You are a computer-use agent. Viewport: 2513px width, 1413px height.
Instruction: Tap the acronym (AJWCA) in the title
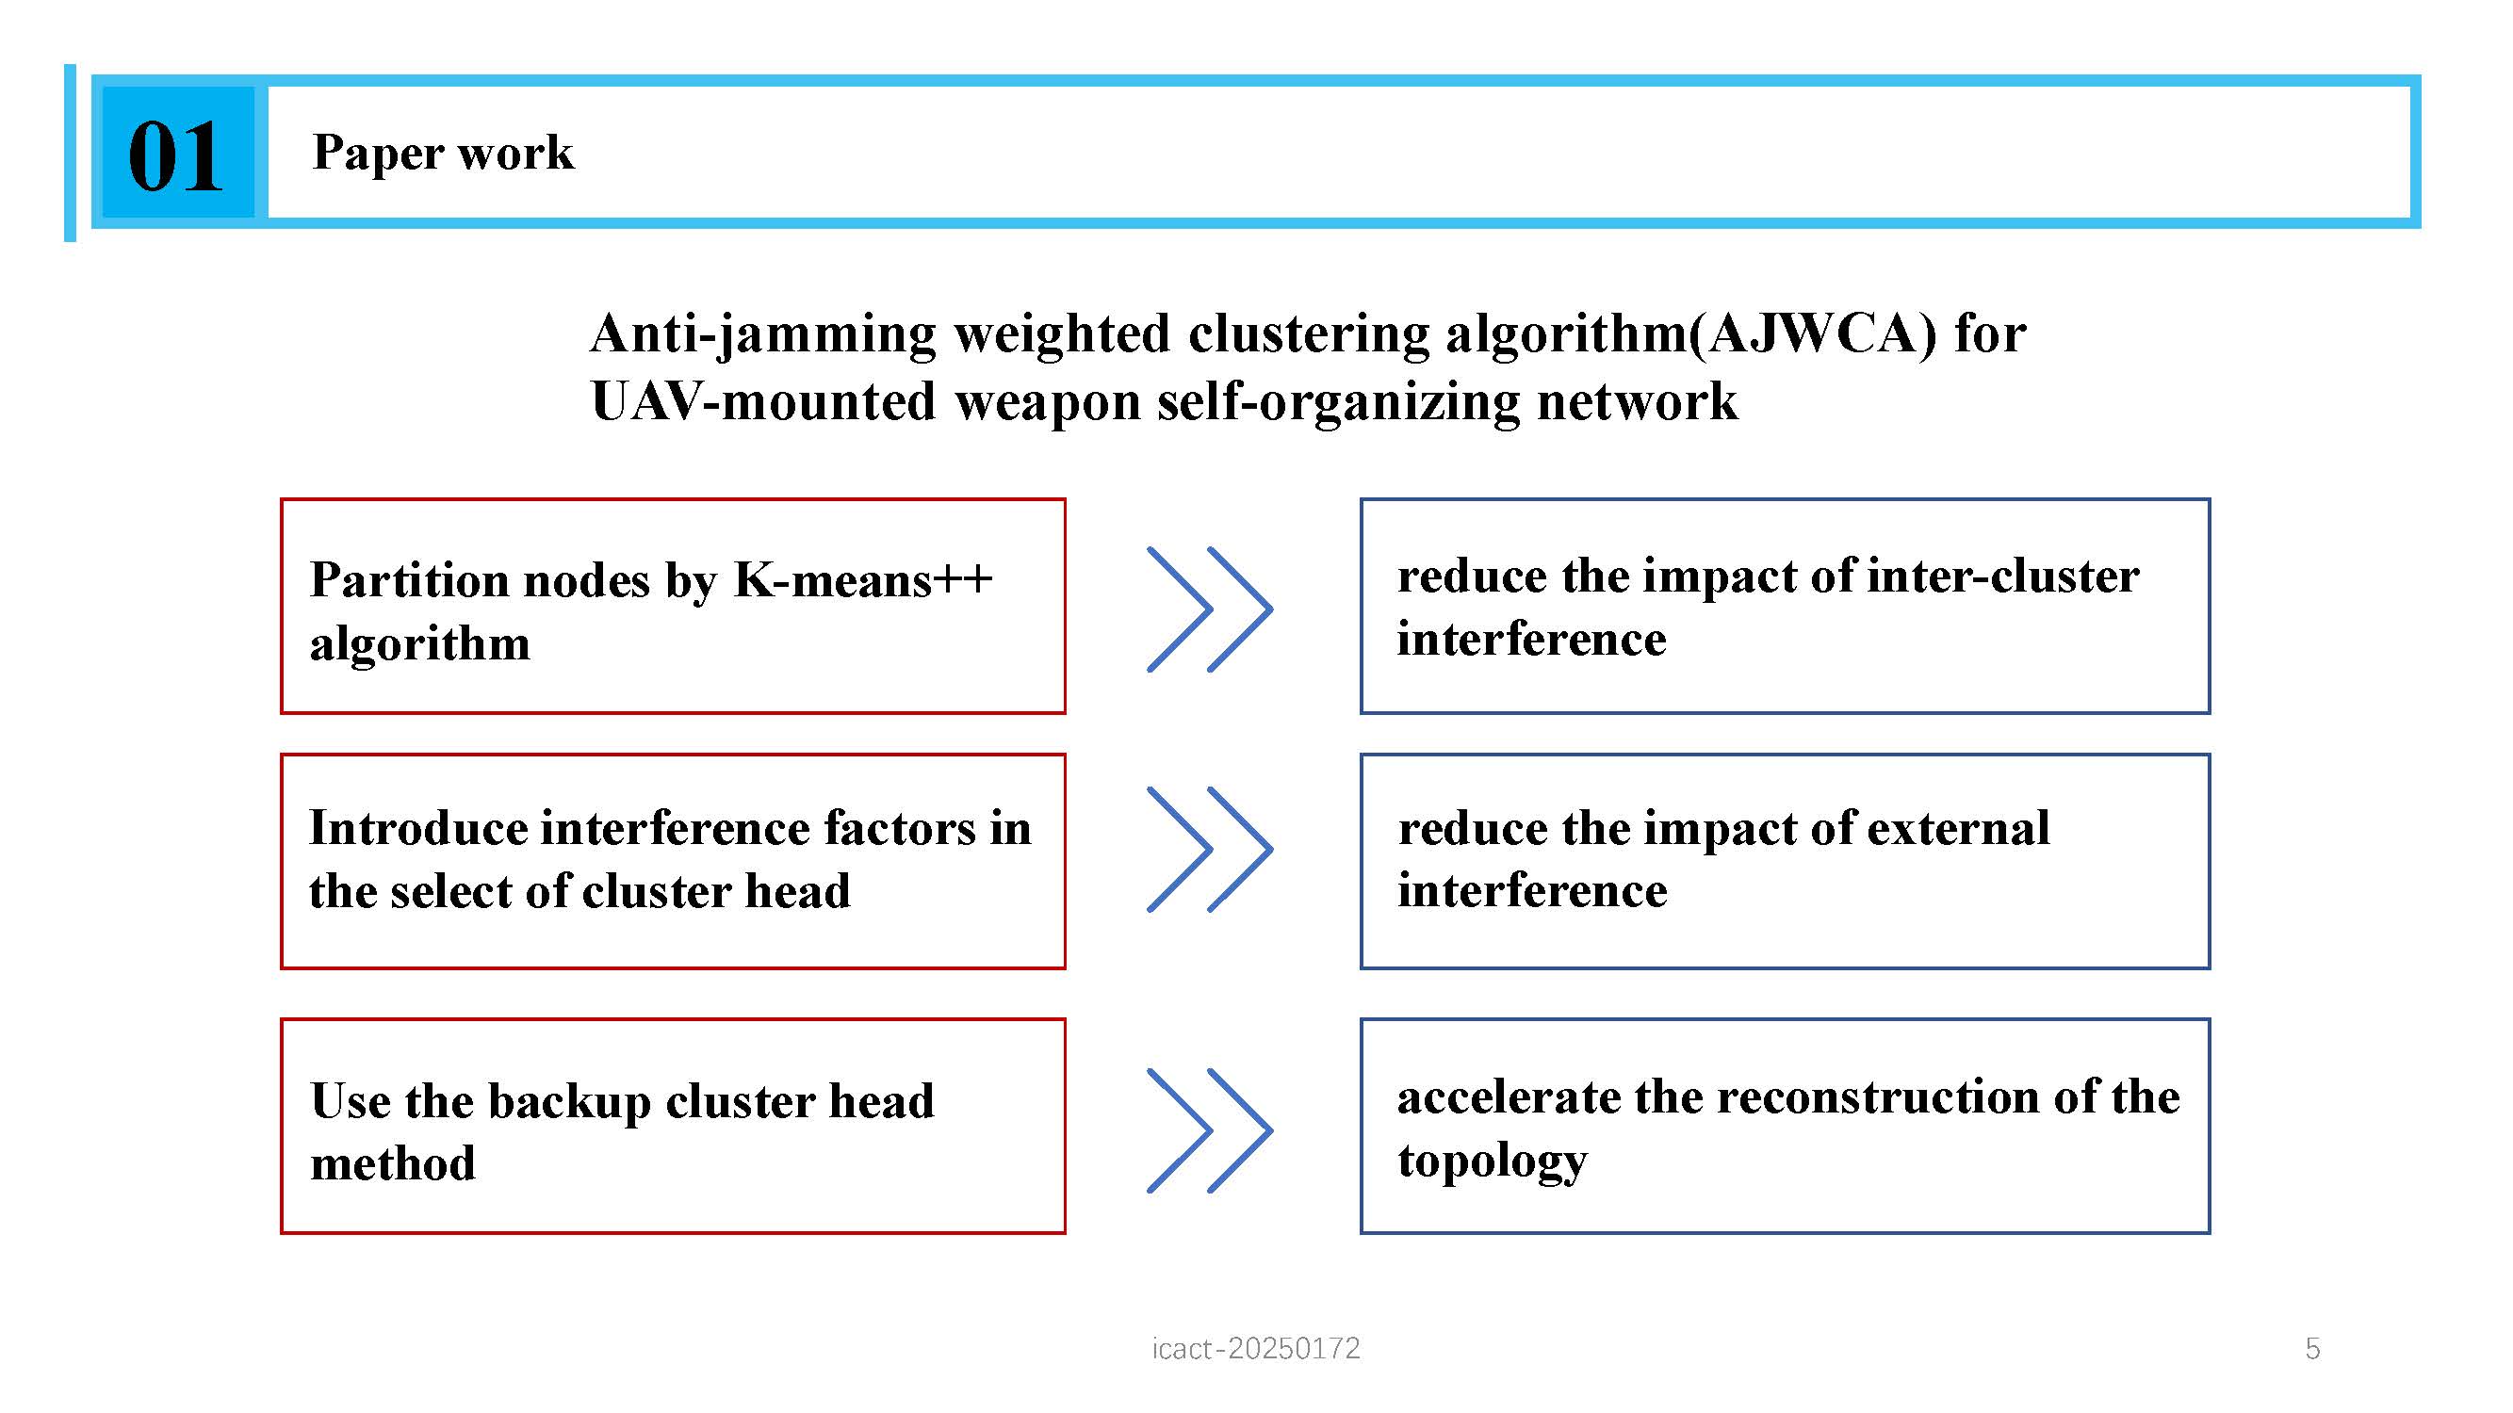coord(1814,333)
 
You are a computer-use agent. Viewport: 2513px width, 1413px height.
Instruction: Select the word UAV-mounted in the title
coord(764,400)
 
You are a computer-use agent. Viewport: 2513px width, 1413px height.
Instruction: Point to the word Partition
coord(410,580)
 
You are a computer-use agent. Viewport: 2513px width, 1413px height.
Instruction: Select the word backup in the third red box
coord(569,1102)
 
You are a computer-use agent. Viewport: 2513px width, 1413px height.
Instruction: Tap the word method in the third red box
coord(393,1162)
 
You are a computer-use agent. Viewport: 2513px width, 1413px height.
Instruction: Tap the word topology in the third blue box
coord(1493,1161)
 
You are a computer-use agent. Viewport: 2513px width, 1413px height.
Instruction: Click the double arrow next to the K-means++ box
coord(1210,609)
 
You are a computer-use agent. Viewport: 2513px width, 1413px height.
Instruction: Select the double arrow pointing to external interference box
coord(1210,850)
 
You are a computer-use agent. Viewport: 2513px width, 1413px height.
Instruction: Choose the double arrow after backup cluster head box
coord(1210,1131)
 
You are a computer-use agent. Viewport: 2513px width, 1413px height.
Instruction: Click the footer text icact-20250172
coord(1255,1348)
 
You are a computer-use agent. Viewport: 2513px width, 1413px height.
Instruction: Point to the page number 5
coord(2312,1349)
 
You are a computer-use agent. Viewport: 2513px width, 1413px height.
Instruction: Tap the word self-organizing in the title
coord(1338,400)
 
